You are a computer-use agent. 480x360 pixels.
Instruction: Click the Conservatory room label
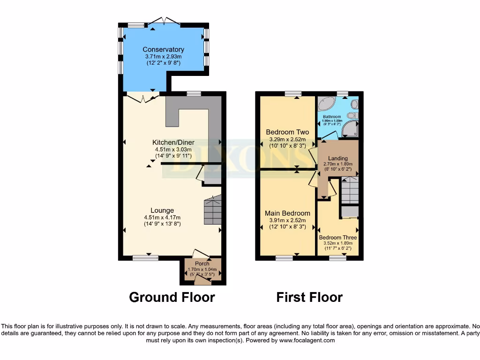coord(163,50)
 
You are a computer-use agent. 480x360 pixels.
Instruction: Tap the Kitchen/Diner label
coord(173,142)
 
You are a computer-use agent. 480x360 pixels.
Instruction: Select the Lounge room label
coord(162,210)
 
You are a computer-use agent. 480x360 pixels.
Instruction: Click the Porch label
coord(202,263)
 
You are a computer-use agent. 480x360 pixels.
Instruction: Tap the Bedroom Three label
coord(337,238)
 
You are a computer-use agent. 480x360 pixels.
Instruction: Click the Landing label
coord(337,158)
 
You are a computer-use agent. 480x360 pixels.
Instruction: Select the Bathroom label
coord(331,117)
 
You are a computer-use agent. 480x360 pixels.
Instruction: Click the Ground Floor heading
coord(172,297)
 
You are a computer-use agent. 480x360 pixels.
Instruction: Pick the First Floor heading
coord(309,297)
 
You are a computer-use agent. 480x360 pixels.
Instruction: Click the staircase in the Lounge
coord(212,210)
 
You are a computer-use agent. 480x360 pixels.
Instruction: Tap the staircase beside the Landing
coord(349,190)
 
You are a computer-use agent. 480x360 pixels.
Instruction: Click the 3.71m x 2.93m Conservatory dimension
coord(163,56)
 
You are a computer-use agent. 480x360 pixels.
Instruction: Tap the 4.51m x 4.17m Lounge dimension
coord(162,217)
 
